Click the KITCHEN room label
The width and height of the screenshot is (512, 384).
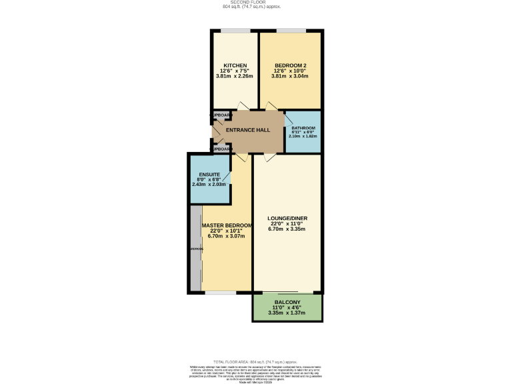pyautogui.click(x=235, y=65)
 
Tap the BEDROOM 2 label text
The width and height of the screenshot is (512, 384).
pyautogui.click(x=290, y=65)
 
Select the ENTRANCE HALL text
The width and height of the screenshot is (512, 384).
pyautogui.click(x=247, y=130)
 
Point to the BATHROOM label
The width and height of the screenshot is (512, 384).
pyautogui.click(x=303, y=127)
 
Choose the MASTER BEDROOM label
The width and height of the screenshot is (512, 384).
pyautogui.click(x=227, y=226)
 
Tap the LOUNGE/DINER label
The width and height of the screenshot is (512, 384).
pyautogui.click(x=287, y=218)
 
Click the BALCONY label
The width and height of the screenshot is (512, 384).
pyautogui.click(x=286, y=302)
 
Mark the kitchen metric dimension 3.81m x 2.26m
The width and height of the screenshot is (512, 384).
pyautogui.click(x=235, y=76)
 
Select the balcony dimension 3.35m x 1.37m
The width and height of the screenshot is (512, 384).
pyautogui.click(x=286, y=313)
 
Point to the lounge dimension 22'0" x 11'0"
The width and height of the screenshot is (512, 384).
pyautogui.click(x=287, y=224)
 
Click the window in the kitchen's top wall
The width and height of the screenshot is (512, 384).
pyautogui.click(x=235, y=31)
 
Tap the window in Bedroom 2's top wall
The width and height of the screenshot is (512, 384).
pyautogui.click(x=291, y=31)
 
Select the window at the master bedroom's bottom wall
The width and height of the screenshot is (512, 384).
pyautogui.click(x=220, y=293)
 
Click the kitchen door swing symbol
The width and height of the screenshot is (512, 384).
pyautogui.click(x=243, y=107)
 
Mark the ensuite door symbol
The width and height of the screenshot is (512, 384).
pyautogui.click(x=227, y=179)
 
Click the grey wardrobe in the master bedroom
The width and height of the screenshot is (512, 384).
pyautogui.click(x=196, y=249)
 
